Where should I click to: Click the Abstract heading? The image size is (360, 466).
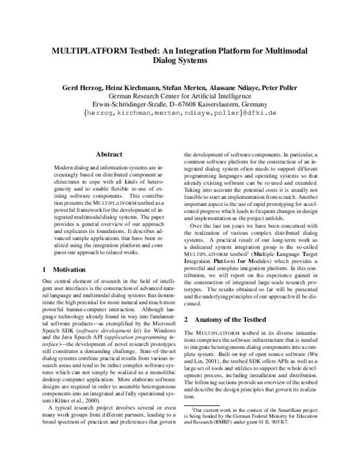(x=109, y=154)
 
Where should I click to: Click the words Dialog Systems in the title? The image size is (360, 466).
(x=179, y=61)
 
